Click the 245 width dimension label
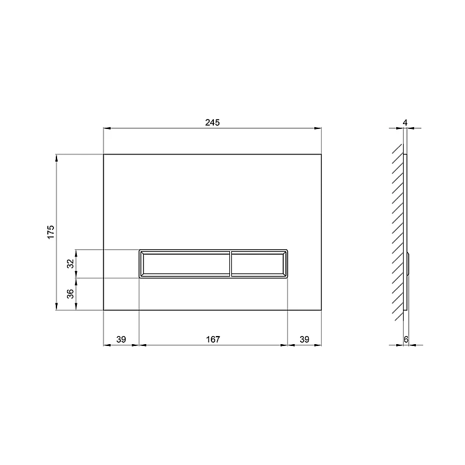point(212,122)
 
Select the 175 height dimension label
point(51,232)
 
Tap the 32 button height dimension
point(70,263)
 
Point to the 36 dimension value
point(70,294)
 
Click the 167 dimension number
point(213,339)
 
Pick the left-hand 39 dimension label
point(121,339)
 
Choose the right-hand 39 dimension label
point(304,339)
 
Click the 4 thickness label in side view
point(405,123)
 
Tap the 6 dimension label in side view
point(406,339)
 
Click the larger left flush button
point(185,264)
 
